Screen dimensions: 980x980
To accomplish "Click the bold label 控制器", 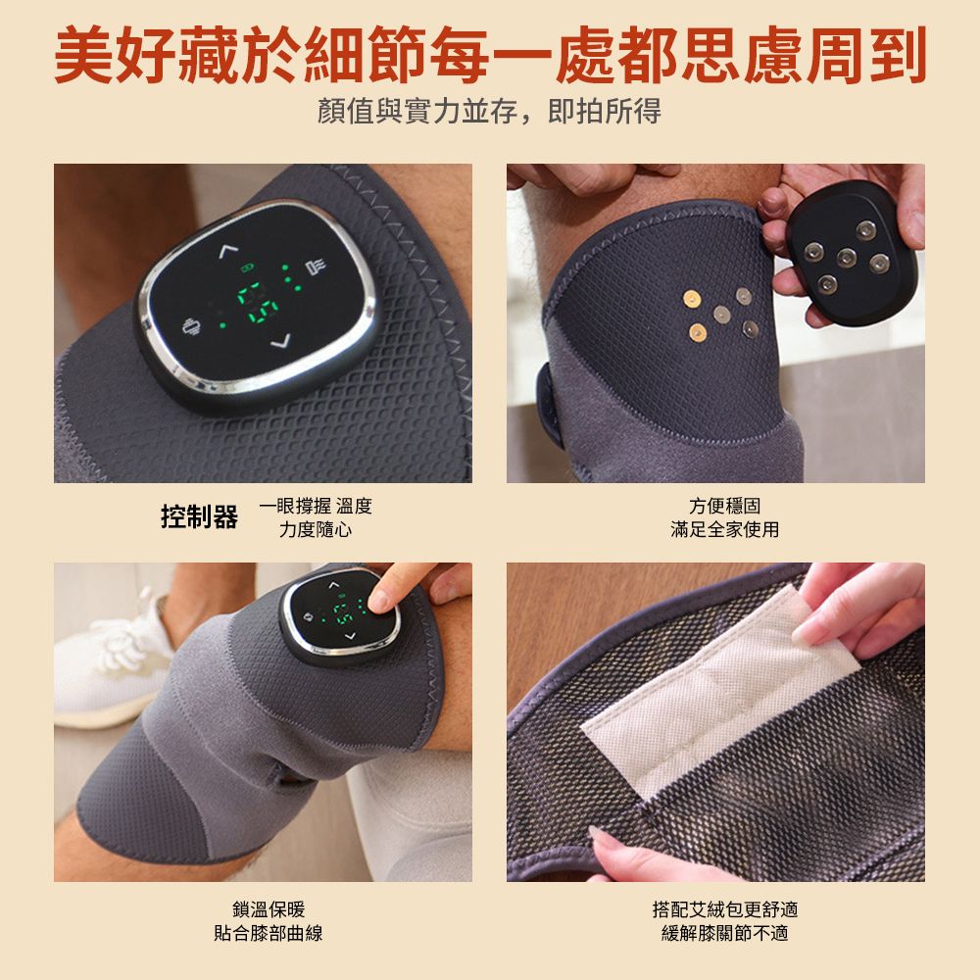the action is pyautogui.click(x=199, y=517).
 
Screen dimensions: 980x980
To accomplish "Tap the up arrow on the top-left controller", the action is pyautogui.click(x=228, y=251).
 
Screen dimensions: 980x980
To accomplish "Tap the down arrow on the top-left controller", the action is pyautogui.click(x=281, y=341).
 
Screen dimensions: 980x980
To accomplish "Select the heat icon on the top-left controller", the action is pyautogui.click(x=316, y=267).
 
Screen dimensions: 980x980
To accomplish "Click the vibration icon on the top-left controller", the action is pyautogui.click(x=192, y=327).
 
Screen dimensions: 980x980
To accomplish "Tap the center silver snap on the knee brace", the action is pyautogui.click(x=722, y=315).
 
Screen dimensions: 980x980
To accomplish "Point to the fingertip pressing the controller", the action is pyautogui.click(x=379, y=600).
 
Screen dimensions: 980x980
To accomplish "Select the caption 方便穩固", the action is pyautogui.click(x=724, y=506).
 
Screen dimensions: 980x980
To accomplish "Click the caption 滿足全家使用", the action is pyautogui.click(x=724, y=530).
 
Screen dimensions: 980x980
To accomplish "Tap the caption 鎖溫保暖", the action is pyautogui.click(x=269, y=909).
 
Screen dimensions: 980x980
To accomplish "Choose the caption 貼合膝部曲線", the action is pyautogui.click(x=269, y=933).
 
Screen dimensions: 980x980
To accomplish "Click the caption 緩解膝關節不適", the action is pyautogui.click(x=724, y=933).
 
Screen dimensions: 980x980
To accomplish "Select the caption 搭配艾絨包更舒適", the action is pyautogui.click(x=724, y=909).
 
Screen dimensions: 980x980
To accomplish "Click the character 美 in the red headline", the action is pyautogui.click(x=85, y=55).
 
